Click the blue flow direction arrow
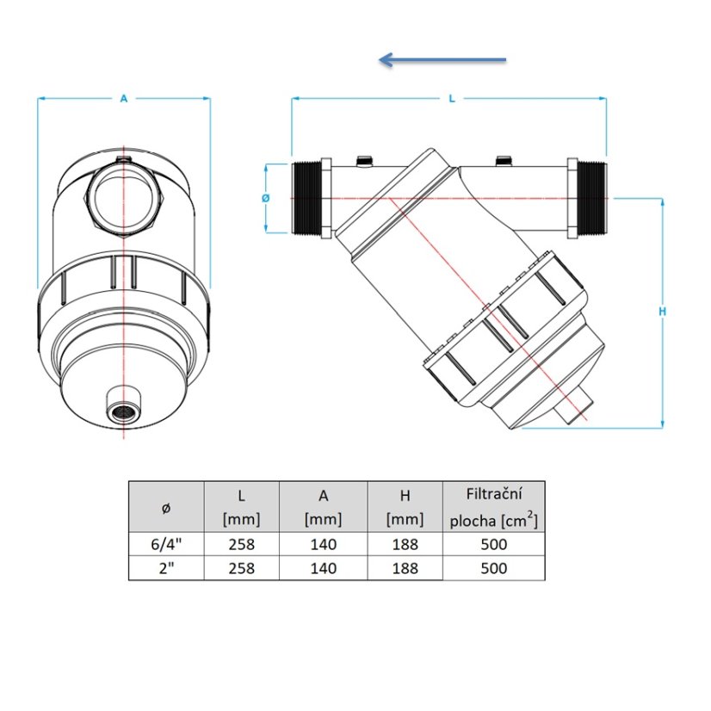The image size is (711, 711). coord(442,59)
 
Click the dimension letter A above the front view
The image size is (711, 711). coord(124,98)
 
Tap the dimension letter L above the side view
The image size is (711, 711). coord(452,98)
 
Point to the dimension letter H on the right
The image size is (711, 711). coord(663,312)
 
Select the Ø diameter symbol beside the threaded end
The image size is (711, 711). coord(266,198)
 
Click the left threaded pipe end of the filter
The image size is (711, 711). coord(306,198)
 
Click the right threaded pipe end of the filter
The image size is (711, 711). coord(591,198)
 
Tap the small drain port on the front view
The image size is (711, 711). coord(124,404)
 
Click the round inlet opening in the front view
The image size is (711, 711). coord(124,199)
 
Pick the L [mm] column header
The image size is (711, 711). coord(241,507)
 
